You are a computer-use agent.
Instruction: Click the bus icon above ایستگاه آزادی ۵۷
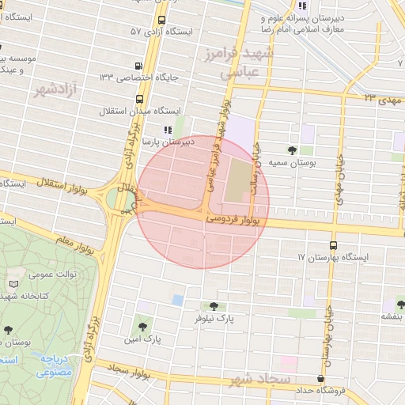click(161, 20)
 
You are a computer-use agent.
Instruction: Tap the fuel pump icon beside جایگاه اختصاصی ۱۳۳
click(139, 66)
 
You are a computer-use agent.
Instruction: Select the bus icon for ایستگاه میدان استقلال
click(140, 99)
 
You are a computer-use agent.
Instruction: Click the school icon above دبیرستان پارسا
click(167, 130)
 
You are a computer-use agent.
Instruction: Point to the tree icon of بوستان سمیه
click(293, 150)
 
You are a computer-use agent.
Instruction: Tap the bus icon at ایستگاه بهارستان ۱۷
click(332, 245)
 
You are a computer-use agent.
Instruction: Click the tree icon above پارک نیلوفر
click(212, 305)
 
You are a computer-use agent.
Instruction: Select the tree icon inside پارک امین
click(142, 322)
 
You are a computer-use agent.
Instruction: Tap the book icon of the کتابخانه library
click(13, 284)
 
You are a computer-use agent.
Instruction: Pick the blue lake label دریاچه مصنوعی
click(55, 365)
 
